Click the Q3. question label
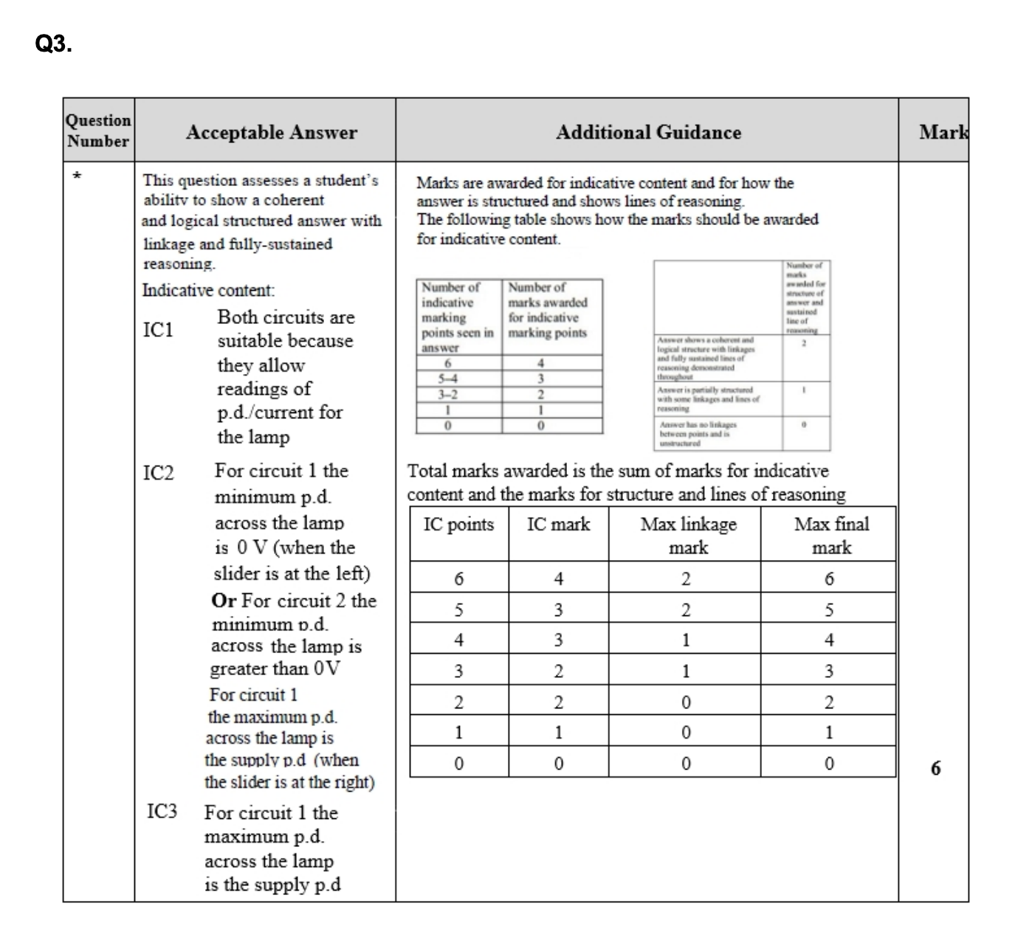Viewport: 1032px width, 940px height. point(53,45)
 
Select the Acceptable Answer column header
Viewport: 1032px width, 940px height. point(271,133)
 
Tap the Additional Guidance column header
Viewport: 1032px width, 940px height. point(647,133)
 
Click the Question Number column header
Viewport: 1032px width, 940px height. point(97,131)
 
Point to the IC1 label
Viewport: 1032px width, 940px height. point(158,330)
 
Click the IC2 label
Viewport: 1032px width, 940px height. point(158,473)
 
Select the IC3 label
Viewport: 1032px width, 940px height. point(162,812)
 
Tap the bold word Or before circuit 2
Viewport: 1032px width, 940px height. point(224,601)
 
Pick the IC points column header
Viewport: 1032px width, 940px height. point(458,525)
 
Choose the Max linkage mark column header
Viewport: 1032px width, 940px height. point(688,536)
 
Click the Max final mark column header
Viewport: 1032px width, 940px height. point(831,536)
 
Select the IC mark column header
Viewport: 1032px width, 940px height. point(558,525)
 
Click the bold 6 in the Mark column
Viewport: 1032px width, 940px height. point(935,768)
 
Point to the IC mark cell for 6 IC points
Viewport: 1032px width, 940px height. point(558,579)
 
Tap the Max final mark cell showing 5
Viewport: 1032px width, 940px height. point(829,610)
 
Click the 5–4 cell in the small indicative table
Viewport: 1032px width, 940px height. point(447,379)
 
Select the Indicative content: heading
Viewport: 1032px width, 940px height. point(208,290)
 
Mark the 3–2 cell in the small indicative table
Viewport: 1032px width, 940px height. point(447,394)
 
